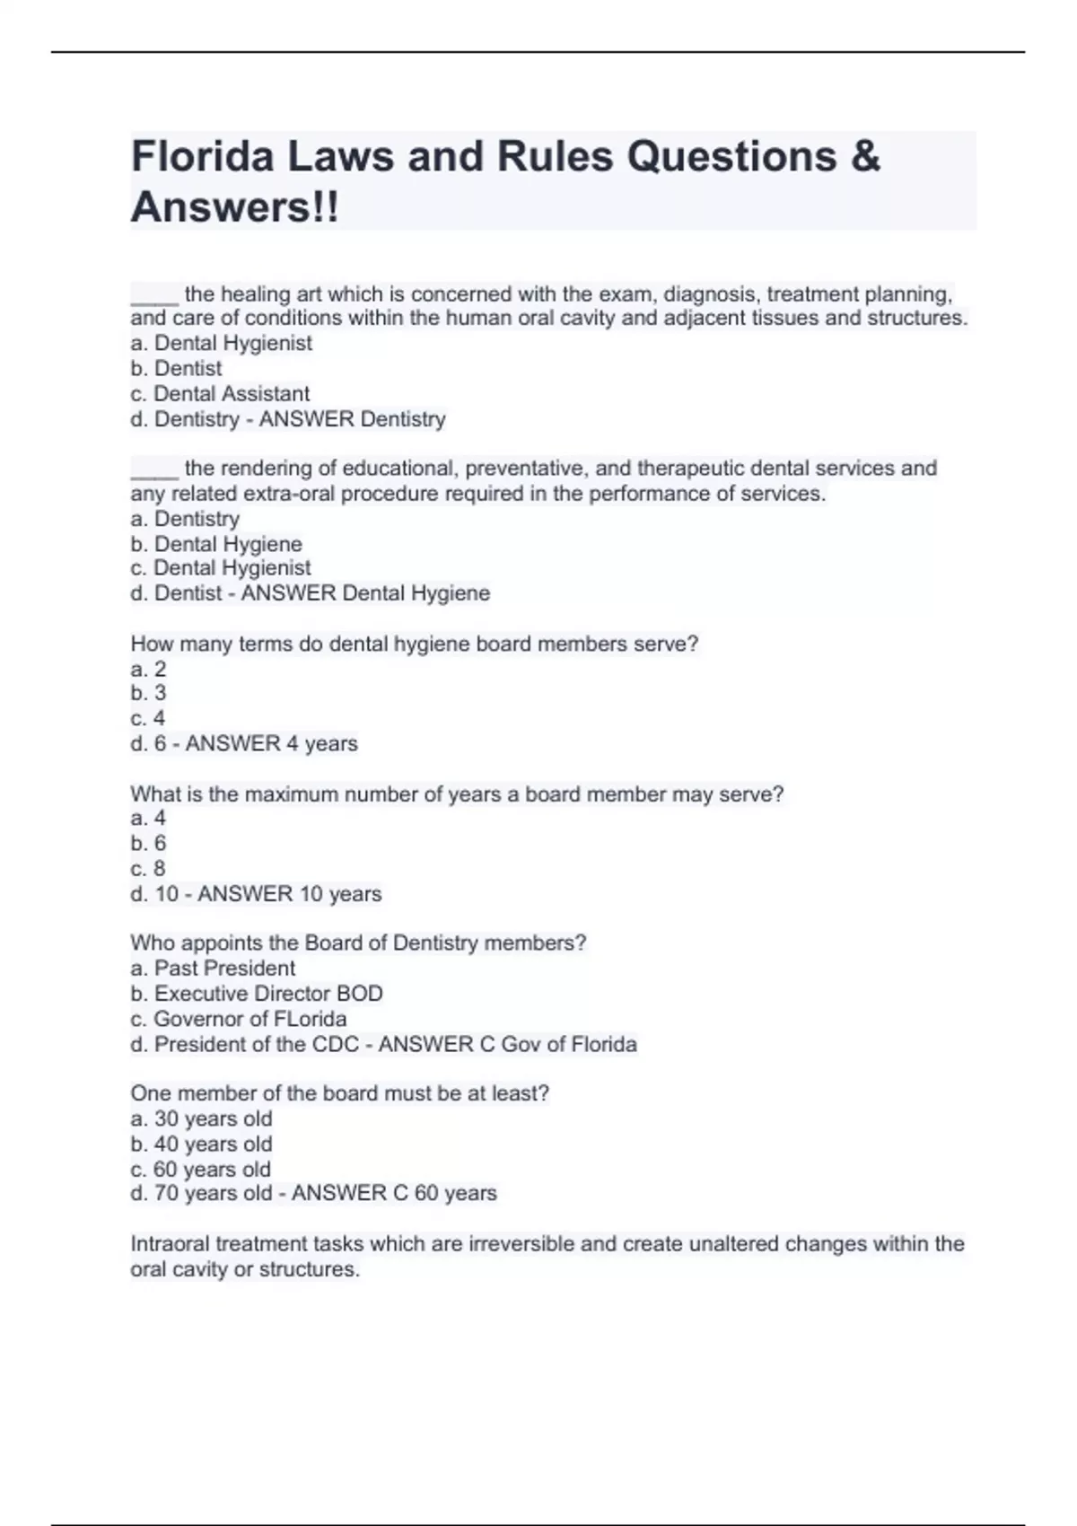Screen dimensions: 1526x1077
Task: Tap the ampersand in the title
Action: point(864,156)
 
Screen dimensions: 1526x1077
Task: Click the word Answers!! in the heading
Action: point(235,207)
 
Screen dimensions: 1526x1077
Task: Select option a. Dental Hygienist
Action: point(221,343)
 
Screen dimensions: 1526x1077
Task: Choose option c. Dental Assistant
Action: point(220,394)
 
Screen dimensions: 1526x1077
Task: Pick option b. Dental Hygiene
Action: point(216,544)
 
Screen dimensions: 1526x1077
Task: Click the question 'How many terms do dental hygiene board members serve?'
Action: point(414,645)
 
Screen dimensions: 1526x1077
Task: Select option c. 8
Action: point(148,869)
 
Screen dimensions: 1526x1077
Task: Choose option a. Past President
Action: point(213,969)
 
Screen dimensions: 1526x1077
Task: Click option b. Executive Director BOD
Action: point(257,994)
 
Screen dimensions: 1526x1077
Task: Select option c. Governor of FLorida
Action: point(239,1019)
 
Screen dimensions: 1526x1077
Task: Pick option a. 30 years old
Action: point(201,1119)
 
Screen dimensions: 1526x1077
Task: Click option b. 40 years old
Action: point(201,1144)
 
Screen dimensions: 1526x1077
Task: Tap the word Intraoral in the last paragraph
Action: point(170,1244)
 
